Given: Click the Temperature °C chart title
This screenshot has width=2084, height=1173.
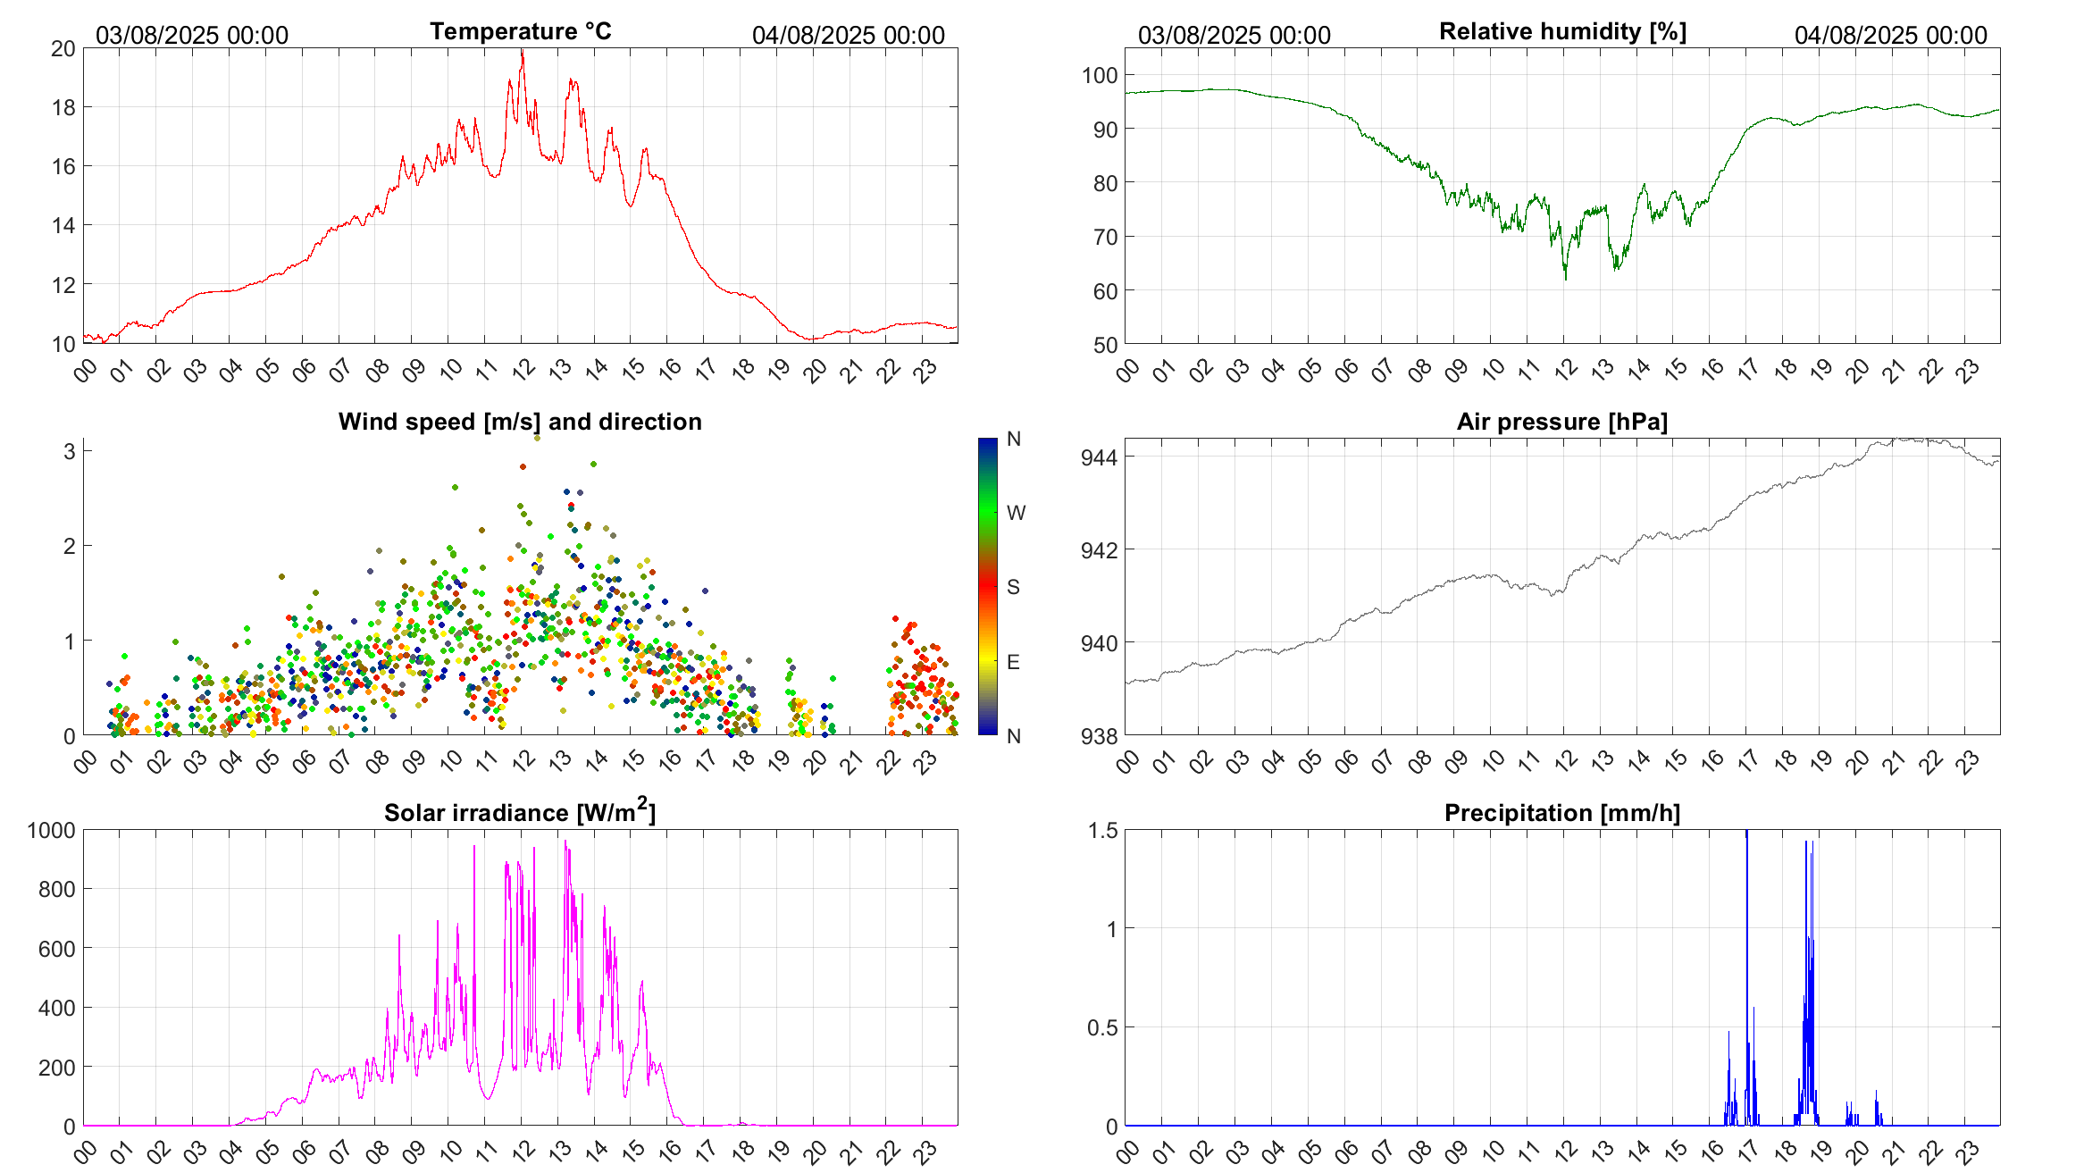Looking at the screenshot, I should [x=521, y=31].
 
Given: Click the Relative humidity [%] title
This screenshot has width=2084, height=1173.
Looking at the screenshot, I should [x=1562, y=31].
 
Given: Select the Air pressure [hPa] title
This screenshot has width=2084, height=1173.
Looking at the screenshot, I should [x=1562, y=422].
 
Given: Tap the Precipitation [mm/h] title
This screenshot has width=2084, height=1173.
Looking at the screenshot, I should [x=1562, y=813].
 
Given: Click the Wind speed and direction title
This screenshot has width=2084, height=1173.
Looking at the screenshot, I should [x=520, y=422].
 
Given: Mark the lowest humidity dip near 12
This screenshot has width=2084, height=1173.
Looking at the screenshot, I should [x=1565, y=278].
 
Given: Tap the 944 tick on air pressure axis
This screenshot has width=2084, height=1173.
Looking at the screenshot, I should [x=1099, y=458].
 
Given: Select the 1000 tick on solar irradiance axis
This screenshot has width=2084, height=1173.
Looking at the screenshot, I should [x=52, y=831].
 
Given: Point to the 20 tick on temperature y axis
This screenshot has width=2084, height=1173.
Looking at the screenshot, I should [x=63, y=49].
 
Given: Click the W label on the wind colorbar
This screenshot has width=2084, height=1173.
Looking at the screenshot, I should [x=1016, y=513].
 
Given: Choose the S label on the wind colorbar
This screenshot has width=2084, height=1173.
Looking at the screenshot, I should [x=1013, y=587].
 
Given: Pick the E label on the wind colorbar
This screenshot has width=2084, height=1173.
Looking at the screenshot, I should [x=1013, y=662].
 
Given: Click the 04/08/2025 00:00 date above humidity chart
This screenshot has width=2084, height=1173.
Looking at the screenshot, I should [x=1890, y=35].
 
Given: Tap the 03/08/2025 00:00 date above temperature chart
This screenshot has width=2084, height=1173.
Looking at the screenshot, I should [x=192, y=35].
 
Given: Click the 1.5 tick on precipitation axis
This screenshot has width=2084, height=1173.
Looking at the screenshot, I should [x=1102, y=831].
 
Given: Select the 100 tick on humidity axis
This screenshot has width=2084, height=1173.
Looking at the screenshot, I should [x=1100, y=76].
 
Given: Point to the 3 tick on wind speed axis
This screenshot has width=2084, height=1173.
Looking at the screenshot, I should [x=70, y=451].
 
